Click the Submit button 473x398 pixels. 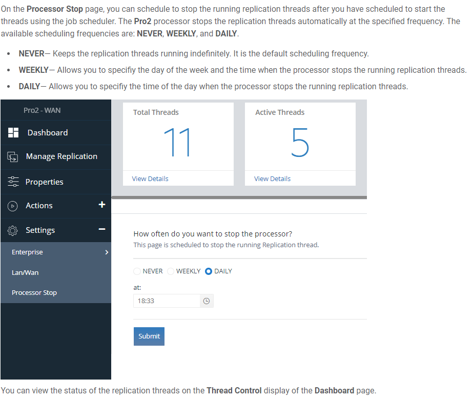pos(149,336)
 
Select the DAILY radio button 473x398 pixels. pos(209,271)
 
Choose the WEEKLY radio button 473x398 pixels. pos(171,271)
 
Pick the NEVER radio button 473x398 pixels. pos(137,271)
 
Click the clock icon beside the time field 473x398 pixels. pos(207,301)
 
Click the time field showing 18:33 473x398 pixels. pos(167,301)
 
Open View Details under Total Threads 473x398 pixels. pos(150,179)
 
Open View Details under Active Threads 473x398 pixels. pos(272,179)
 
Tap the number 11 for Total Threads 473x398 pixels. pos(177,142)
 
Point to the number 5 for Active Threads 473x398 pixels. pos(300,142)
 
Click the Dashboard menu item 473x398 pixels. pos(47,132)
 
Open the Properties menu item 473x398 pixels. pos(45,182)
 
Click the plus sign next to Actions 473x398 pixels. pos(102,205)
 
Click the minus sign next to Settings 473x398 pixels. pos(102,229)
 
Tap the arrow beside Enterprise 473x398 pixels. pos(107,252)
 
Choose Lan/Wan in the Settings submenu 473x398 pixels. pos(25,272)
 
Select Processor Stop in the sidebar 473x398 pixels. pos(34,293)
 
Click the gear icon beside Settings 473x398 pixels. pos(13,230)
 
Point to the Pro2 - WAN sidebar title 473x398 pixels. pos(42,110)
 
